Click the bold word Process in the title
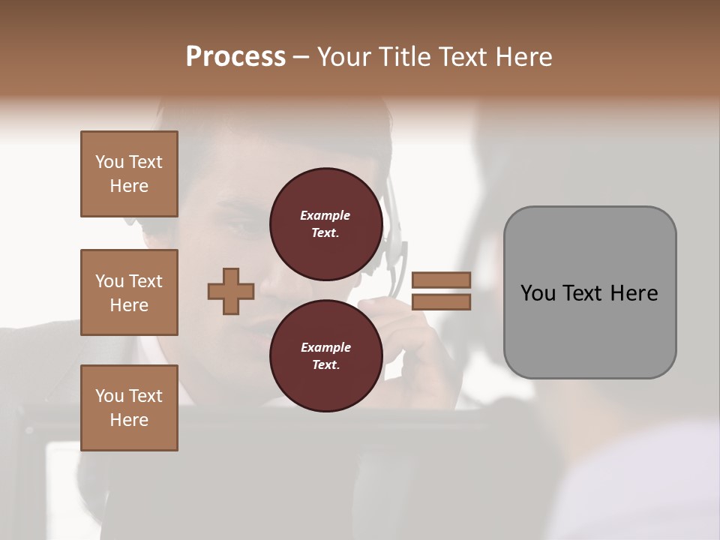click(235, 57)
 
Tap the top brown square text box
click(129, 174)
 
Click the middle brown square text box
click(129, 292)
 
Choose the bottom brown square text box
click(129, 408)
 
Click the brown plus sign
click(231, 291)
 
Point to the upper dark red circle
click(325, 224)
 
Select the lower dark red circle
click(325, 356)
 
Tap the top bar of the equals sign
click(441, 280)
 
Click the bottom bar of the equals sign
click(441, 301)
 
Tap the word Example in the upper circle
click(325, 215)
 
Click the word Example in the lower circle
click(325, 347)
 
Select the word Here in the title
click(524, 57)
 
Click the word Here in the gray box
click(634, 293)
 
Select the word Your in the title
click(341, 57)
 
